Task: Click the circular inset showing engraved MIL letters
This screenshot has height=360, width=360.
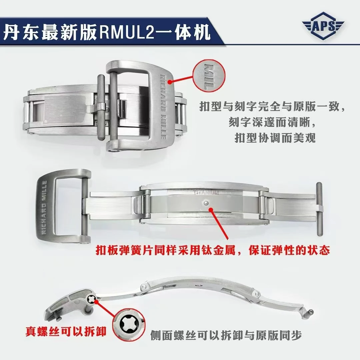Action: (209, 76)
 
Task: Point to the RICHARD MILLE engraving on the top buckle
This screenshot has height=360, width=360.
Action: (163, 107)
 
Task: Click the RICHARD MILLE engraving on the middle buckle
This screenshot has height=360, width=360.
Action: (44, 207)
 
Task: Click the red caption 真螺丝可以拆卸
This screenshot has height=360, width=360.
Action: (66, 331)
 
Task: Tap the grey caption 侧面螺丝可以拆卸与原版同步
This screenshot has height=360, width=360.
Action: (226, 335)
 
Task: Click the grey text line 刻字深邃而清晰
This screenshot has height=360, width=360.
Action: (272, 123)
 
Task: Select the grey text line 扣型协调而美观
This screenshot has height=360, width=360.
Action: (275, 138)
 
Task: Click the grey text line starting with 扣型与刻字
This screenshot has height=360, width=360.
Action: (272, 107)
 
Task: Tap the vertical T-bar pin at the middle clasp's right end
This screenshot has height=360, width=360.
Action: (319, 209)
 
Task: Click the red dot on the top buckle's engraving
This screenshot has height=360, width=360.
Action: (170, 82)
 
